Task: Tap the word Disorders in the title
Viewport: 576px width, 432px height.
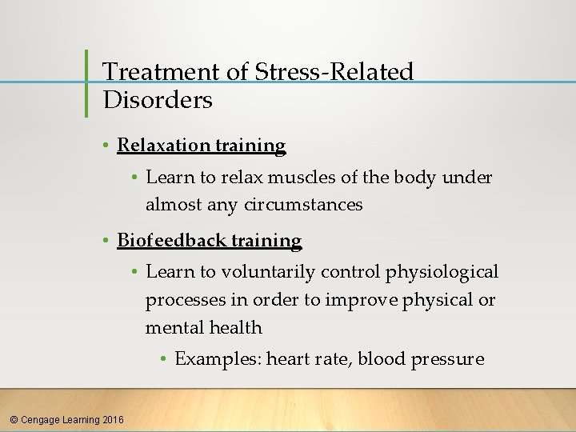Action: (158, 100)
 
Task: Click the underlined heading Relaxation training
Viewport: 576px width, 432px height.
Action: (202, 146)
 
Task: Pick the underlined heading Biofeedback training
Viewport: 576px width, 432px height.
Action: (210, 241)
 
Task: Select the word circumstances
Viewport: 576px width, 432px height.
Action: (313, 205)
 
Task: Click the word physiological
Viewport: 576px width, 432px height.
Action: (442, 272)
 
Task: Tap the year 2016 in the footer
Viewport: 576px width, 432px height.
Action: (114, 419)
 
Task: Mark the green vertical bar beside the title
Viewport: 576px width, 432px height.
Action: (86, 82)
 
